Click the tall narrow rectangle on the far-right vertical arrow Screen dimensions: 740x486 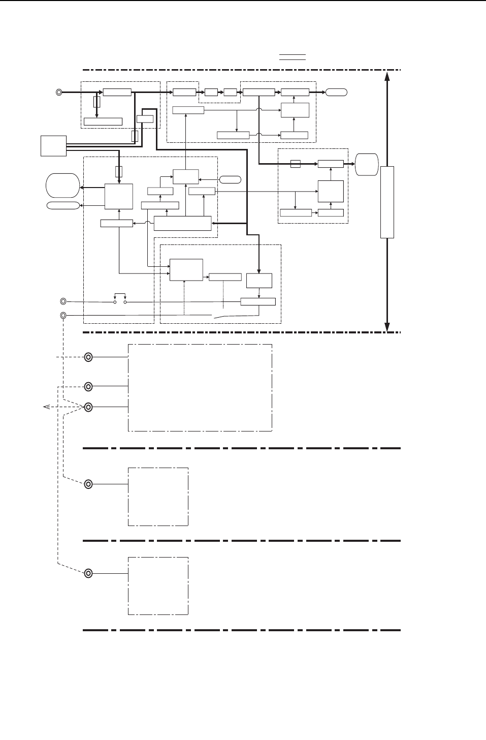387,202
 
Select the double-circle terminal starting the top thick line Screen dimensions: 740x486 59,92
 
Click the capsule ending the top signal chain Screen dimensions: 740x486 336,92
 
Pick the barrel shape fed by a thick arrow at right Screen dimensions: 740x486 367,164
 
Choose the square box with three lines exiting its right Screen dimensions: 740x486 54,146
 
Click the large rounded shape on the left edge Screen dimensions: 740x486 62,186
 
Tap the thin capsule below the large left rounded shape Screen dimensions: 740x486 63,205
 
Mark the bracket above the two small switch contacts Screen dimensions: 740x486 120,294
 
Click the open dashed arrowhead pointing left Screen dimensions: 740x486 46,407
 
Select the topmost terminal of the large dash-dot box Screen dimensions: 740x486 88,357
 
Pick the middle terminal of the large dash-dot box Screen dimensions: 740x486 88,387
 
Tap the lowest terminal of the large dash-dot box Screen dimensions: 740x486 88,407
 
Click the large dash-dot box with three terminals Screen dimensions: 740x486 200,388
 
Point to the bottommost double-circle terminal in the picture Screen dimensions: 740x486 88,573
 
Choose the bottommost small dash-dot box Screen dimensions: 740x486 158,586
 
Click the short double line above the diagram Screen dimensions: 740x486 292,56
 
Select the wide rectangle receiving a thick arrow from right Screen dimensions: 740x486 182,223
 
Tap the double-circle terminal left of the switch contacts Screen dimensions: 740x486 63,302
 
